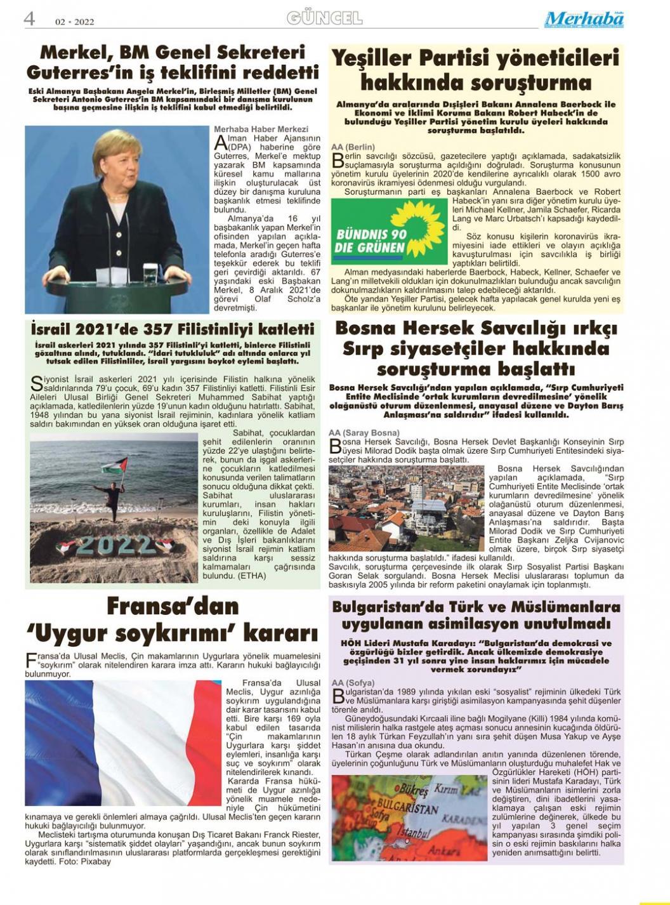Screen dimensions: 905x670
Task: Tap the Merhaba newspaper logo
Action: pyautogui.click(x=584, y=20)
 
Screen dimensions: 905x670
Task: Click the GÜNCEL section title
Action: pyautogui.click(x=324, y=18)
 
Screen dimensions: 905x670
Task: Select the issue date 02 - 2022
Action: pyautogui.click(x=74, y=22)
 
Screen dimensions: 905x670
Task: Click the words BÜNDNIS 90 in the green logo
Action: pyautogui.click(x=371, y=234)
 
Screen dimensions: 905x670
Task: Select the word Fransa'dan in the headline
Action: pyautogui.click(x=173, y=605)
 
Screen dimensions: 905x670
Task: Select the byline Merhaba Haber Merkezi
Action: pyautogui.click(x=261, y=129)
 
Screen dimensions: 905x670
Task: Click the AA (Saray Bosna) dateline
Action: pyautogui.click(x=364, y=433)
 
